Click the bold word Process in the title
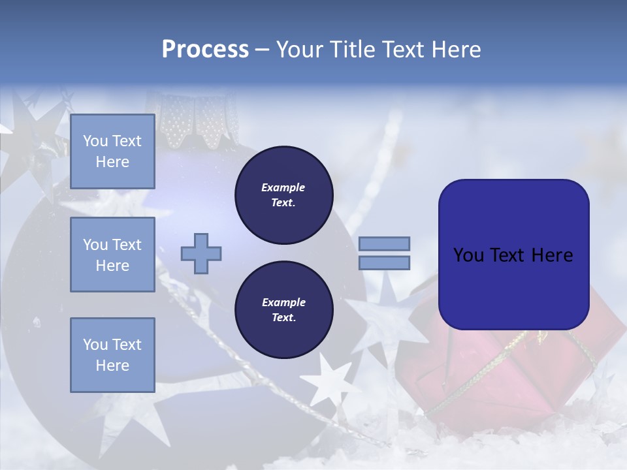tap(205, 50)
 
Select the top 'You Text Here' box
tap(112, 151)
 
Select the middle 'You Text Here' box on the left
tap(112, 255)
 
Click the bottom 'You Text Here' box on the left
tap(112, 354)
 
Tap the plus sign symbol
tap(201, 253)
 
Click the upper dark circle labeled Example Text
tap(283, 195)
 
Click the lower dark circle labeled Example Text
tap(283, 309)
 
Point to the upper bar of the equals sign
tap(384, 243)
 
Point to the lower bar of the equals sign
tap(384, 263)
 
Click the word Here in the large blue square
tap(552, 255)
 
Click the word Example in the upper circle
tap(283, 187)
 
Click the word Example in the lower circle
tap(283, 302)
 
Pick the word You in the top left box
tap(95, 141)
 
